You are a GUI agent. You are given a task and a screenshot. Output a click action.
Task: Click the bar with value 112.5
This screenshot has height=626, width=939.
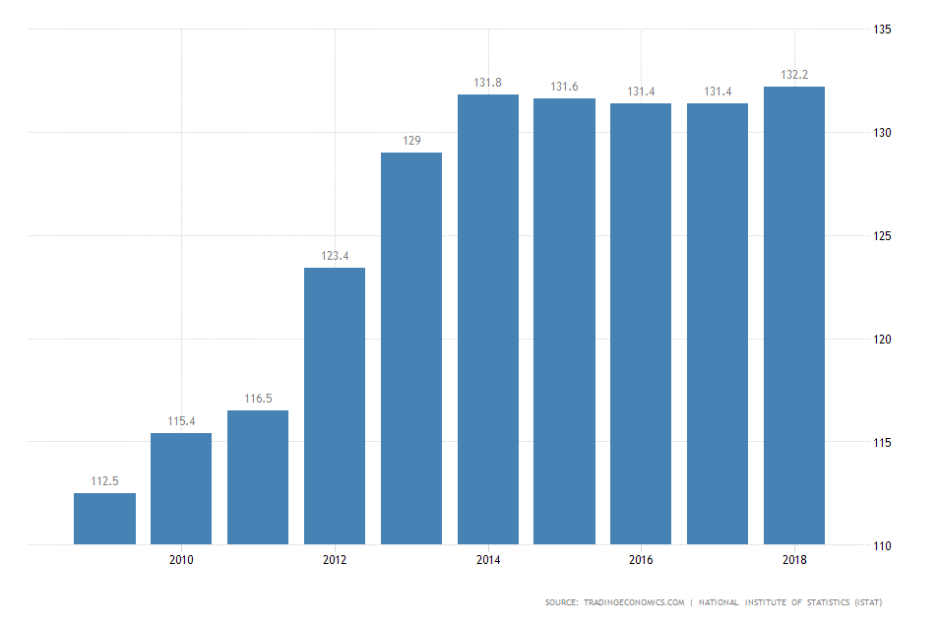pos(104,519)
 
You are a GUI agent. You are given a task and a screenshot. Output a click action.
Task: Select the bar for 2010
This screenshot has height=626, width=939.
pos(181,488)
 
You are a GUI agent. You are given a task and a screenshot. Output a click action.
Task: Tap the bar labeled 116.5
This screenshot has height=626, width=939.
pos(258,477)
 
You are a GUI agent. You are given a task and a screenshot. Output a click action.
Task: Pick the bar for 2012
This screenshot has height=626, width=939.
pos(335,406)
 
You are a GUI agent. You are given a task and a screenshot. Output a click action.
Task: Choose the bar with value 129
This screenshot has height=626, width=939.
pos(411,348)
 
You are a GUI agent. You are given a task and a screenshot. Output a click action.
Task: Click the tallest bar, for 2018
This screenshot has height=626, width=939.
pos(794,315)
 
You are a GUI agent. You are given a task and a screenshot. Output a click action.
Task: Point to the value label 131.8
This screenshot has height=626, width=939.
pos(488,84)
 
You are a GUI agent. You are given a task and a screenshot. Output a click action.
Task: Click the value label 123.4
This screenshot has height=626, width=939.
pos(335,257)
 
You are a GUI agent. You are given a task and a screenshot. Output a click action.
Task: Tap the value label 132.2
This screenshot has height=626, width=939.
pos(794,75)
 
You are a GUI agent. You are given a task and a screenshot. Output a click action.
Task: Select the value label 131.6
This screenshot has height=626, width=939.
pos(565,88)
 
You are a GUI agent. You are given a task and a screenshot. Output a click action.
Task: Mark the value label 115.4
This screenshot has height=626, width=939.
pos(181,421)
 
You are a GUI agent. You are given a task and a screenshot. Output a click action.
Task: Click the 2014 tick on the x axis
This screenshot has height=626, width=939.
pos(488,560)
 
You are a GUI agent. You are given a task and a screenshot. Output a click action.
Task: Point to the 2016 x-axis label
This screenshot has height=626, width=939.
pos(641,560)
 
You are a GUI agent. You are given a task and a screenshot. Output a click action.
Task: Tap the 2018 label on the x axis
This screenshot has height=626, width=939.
pos(794,560)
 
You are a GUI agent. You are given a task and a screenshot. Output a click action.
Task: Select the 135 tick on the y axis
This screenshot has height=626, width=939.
pos(882,30)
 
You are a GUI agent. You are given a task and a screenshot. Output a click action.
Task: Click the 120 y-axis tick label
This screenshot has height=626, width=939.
pos(882,340)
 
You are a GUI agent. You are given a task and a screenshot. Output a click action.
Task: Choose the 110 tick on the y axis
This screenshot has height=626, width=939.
pos(882,545)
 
